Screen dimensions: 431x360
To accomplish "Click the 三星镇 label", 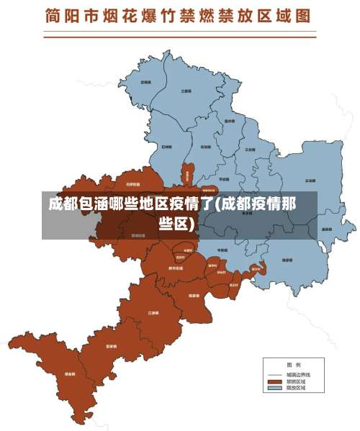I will pos(186,91).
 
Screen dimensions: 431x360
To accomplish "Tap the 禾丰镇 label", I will pos(145,83).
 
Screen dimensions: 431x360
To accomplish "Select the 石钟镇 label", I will pos(166,146).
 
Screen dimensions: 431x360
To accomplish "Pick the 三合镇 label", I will pos(249,149).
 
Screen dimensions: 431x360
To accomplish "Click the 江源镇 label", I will pos(153,313).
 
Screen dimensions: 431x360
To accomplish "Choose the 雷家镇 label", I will pos(194,295).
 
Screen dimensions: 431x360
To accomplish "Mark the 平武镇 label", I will pos(223,178).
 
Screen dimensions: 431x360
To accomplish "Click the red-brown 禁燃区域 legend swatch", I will pos(274,381).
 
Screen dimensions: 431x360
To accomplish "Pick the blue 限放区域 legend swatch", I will pos(274,389).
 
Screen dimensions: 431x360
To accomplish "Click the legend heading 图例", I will pos(294,363).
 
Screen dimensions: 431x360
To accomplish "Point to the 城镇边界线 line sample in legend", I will pos(274,375).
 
